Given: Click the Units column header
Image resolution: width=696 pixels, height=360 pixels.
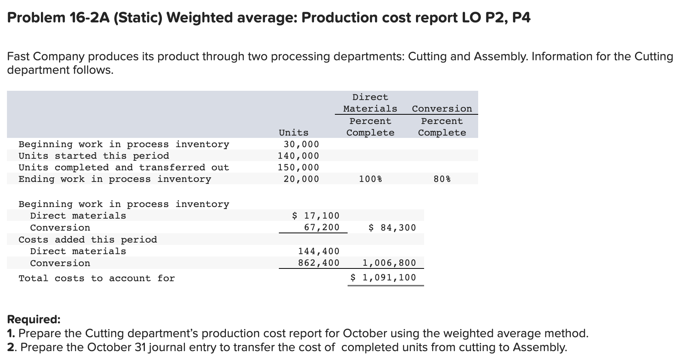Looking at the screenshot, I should click(x=294, y=132).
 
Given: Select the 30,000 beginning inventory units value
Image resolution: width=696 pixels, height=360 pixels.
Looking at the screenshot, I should click(x=301, y=144).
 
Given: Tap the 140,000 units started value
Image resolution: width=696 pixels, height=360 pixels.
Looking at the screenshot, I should click(x=299, y=156).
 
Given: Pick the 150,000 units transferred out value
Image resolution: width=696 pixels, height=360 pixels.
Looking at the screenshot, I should click(x=299, y=167).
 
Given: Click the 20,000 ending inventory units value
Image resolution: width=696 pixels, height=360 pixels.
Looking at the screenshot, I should click(x=301, y=179).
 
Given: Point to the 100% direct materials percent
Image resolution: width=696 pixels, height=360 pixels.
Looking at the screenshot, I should click(x=370, y=179).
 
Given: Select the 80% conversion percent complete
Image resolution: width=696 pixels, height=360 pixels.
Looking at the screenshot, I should click(x=442, y=179).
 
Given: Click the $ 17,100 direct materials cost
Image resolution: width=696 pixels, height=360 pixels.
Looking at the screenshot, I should click(x=316, y=216).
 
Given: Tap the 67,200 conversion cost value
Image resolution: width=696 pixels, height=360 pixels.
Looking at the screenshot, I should click(x=321, y=227).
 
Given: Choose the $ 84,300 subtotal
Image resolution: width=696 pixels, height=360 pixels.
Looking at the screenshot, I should click(x=392, y=228).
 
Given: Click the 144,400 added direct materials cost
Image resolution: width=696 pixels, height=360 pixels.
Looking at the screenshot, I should click(x=319, y=251).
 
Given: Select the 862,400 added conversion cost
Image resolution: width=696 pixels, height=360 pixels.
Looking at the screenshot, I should click(x=319, y=263).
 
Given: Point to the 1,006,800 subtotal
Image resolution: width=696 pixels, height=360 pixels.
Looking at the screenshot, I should click(x=389, y=263).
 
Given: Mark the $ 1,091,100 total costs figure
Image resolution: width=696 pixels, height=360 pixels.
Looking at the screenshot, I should click(x=383, y=277).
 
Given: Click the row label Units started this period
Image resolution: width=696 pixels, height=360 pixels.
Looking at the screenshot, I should click(x=94, y=156).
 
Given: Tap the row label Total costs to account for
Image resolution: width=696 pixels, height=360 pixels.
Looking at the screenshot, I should click(x=97, y=278).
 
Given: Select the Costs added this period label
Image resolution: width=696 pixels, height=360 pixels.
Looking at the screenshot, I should click(x=88, y=239).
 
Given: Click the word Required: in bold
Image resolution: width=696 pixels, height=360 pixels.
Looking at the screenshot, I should click(x=34, y=319).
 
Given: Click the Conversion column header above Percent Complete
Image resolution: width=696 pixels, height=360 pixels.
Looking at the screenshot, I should click(x=442, y=109).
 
